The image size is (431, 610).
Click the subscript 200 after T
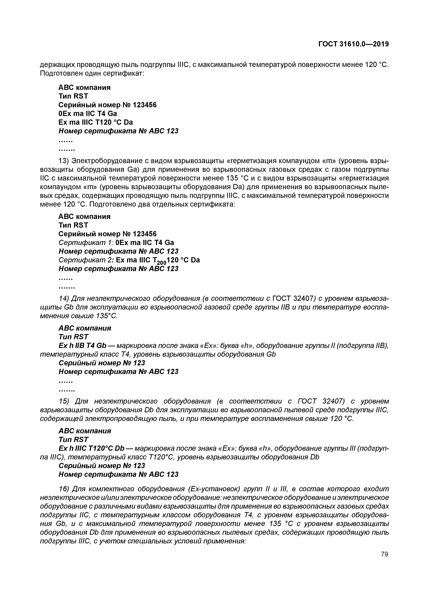[x=161, y=263]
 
